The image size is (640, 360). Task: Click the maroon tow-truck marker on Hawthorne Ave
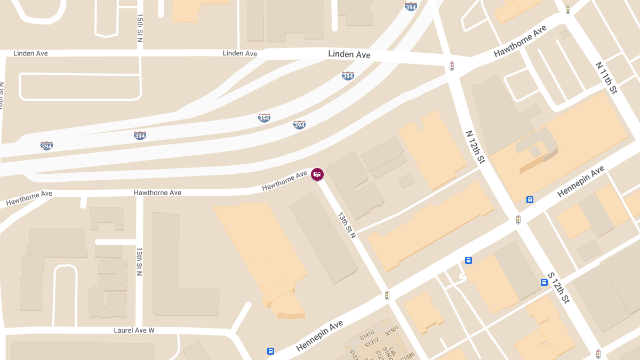(x=317, y=174)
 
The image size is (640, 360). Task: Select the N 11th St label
(x=606, y=78)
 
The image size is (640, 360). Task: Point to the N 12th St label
(x=475, y=147)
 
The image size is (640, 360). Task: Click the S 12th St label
(x=558, y=287)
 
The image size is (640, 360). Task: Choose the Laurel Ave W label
(x=134, y=331)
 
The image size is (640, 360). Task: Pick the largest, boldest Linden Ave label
(x=349, y=54)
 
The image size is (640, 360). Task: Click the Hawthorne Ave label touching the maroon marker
(x=284, y=181)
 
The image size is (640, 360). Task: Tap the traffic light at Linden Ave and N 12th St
(x=452, y=66)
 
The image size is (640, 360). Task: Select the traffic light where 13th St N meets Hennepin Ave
(x=388, y=295)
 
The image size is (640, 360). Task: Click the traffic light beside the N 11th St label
(x=568, y=10)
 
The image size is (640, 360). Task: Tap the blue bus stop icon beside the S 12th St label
(x=544, y=283)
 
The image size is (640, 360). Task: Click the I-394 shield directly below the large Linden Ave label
(x=348, y=76)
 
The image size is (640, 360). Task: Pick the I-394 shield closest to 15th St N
(x=140, y=135)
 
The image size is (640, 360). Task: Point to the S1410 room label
(x=366, y=336)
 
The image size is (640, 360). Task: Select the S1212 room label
(x=372, y=342)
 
